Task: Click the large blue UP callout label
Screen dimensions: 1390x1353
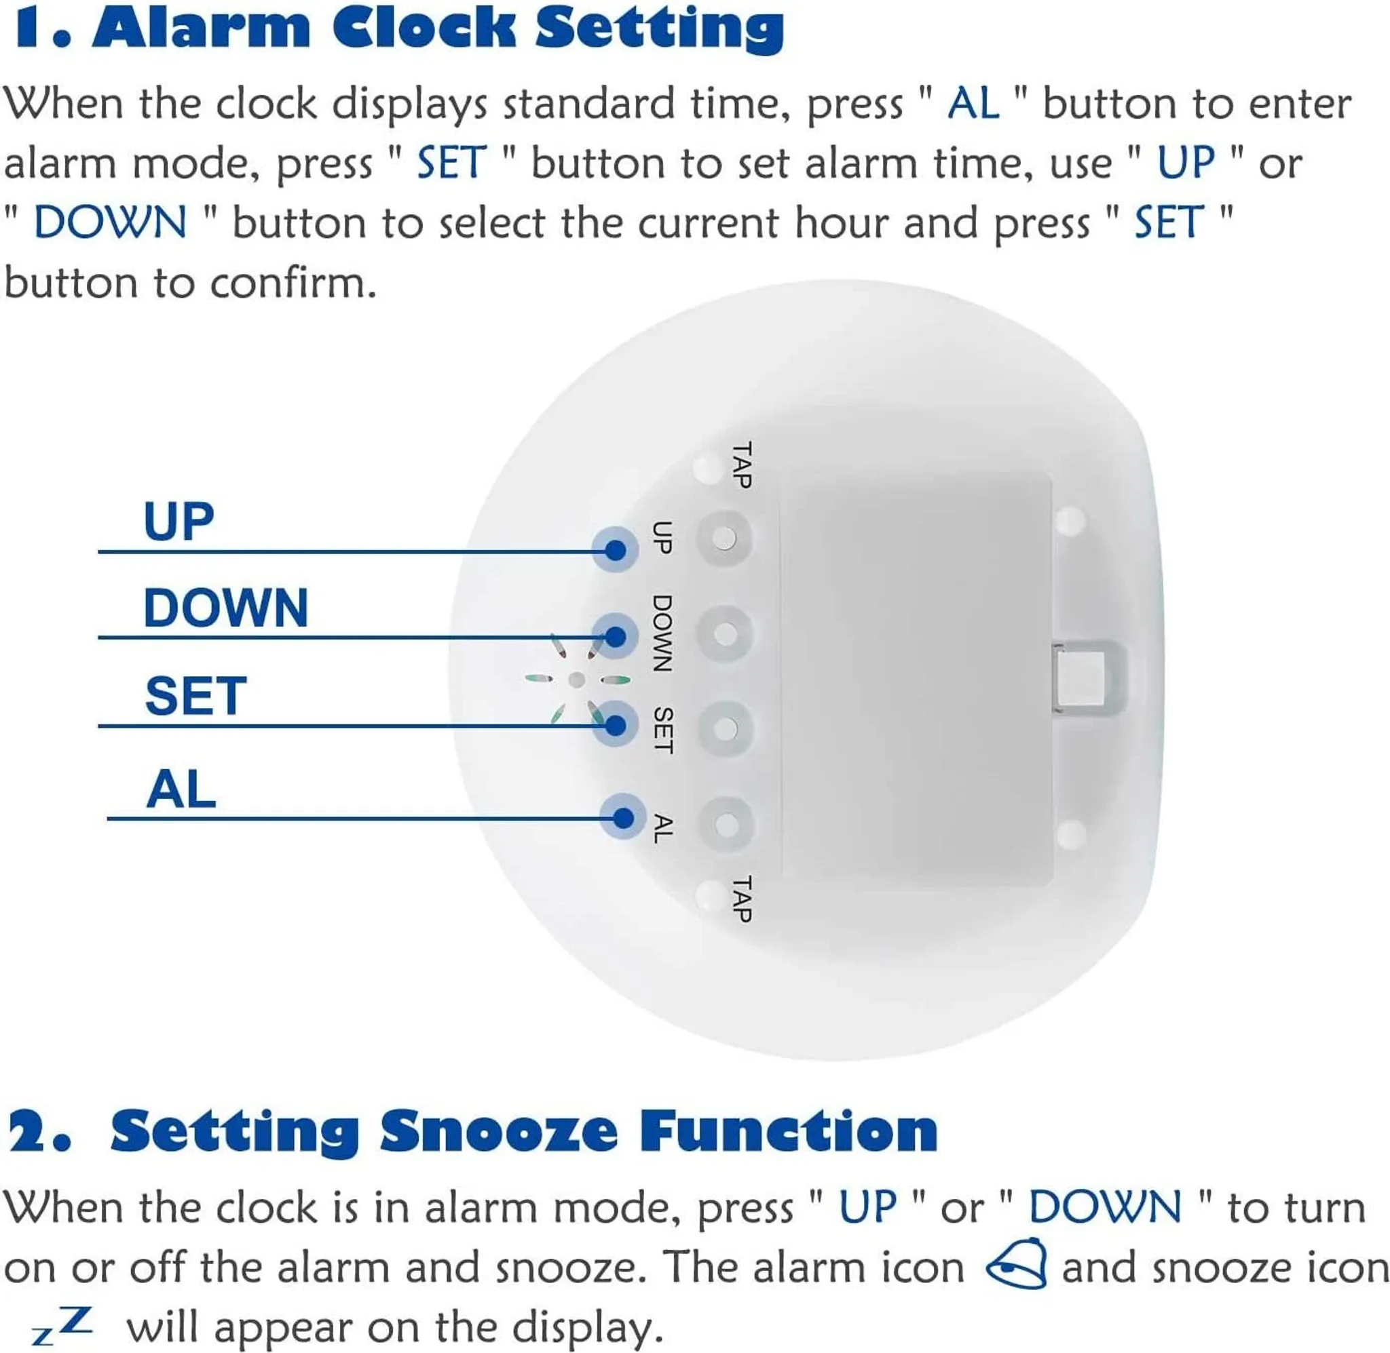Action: pyautogui.click(x=179, y=522)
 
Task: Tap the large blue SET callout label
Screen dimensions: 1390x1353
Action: pyautogui.click(x=195, y=696)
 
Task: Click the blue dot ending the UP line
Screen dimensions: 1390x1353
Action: pyautogui.click(x=616, y=549)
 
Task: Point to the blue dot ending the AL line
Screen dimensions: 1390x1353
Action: pyautogui.click(x=623, y=818)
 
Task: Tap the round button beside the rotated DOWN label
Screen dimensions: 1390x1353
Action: pyautogui.click(x=724, y=633)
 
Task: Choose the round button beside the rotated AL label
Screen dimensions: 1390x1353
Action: pyautogui.click(x=726, y=824)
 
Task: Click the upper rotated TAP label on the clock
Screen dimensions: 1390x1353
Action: pyautogui.click(x=742, y=465)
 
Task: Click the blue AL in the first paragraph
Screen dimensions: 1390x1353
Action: pyautogui.click(x=973, y=104)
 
